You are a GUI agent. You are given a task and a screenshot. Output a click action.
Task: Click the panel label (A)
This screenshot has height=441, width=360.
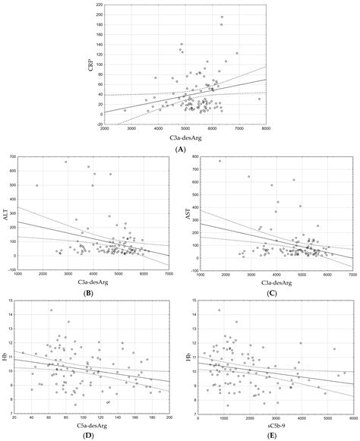[x=181, y=150]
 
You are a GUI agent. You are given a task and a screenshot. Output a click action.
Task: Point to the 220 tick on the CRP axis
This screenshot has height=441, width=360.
[x=99, y=4]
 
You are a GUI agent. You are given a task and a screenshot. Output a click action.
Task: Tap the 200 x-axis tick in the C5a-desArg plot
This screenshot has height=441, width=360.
[x=169, y=417]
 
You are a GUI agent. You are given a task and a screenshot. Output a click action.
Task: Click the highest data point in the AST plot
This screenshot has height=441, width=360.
[x=220, y=161]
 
